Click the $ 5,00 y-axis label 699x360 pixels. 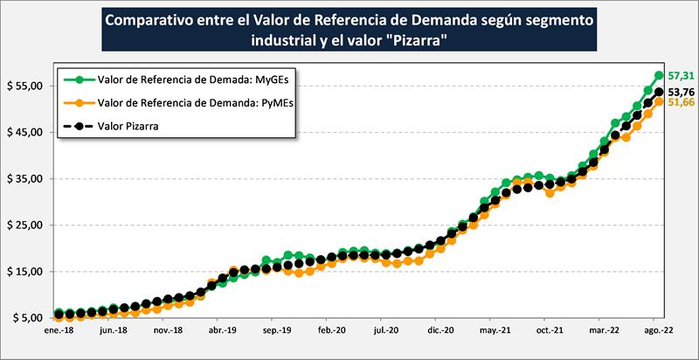pos(25,318)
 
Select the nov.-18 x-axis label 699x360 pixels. pos(167,332)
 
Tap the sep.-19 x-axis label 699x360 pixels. pos(276,332)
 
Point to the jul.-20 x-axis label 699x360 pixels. pos(385,332)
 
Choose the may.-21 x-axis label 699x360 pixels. pos(495,332)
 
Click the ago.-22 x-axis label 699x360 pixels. pos(658,332)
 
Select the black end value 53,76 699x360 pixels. pos(680,91)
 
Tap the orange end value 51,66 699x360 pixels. pos(679,102)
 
